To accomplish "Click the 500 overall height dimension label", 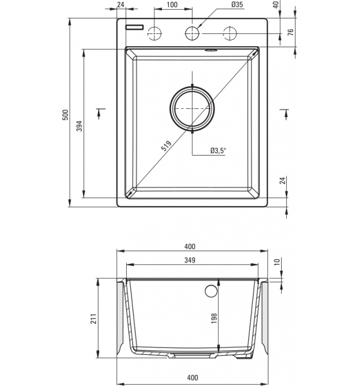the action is [65, 115].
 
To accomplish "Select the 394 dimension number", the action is [79, 126].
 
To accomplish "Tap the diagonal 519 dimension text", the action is [166, 146].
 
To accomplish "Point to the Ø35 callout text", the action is [237, 5].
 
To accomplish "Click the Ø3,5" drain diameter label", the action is [218, 150].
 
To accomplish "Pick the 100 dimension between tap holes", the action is [172, 5].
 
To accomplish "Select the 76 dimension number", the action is [291, 32].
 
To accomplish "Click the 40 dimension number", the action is [276, 5].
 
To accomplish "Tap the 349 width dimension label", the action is [190, 260].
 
